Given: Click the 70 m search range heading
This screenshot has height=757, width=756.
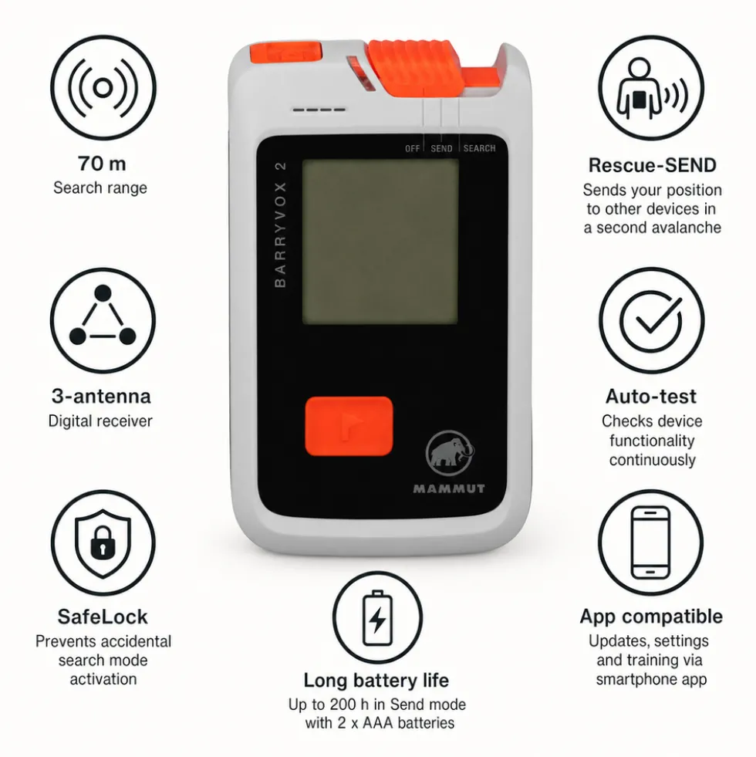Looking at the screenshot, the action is pos(103,164).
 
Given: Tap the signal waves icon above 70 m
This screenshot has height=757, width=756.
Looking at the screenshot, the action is pos(103,88).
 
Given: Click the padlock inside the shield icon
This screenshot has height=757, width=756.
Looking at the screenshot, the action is pos(103,542).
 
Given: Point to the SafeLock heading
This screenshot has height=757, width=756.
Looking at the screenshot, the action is pos(103,617).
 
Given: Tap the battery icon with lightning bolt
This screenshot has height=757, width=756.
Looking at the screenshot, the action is pos(377,617).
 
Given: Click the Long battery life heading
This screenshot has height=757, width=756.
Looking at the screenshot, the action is pos(376,681).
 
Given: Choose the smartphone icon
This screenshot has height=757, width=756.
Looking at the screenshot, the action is pos(651,542).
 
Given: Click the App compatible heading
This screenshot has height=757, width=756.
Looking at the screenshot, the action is pos(651,617).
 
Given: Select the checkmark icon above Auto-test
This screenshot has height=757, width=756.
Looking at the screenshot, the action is pos(652,320).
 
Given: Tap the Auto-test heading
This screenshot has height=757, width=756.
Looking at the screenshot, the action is pos(651,397).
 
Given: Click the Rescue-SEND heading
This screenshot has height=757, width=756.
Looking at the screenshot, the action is pos(652,165).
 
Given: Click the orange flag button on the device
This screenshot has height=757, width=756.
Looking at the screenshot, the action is pos(349,426).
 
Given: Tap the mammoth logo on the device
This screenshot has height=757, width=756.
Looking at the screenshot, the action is pos(450,453).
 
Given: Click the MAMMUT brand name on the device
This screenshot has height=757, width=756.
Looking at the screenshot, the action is pos(449,488).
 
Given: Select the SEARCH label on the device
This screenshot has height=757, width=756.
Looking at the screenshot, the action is pos(479,148).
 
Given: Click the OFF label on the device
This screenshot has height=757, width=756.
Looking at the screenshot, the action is pos(412,149).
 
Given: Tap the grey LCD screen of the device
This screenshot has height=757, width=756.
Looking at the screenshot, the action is pos(380,242).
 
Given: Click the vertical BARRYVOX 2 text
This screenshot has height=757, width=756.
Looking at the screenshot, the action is pos(280,225).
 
